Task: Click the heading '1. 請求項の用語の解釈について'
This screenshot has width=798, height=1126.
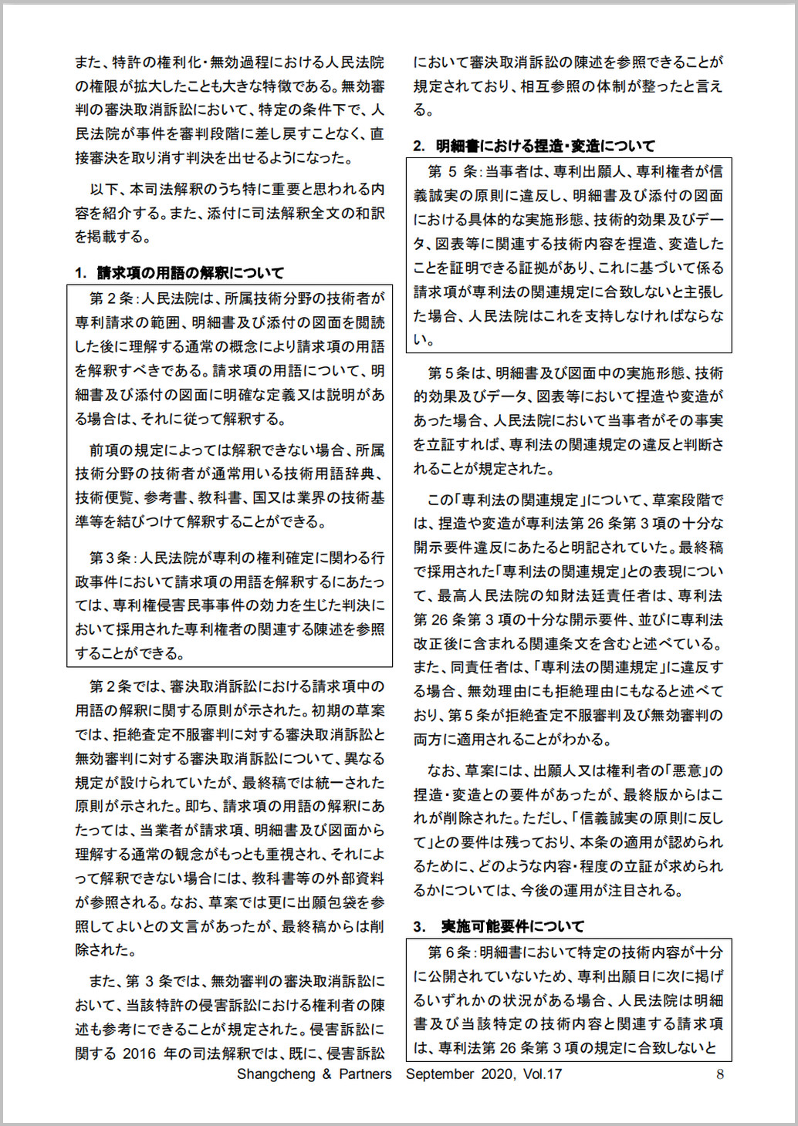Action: [179, 272]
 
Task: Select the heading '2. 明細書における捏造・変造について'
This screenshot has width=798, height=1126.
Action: [533, 145]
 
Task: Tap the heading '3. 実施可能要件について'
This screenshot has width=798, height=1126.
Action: [499, 925]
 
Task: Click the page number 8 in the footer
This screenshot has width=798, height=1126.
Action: [720, 1074]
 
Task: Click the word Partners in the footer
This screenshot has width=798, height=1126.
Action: [365, 1074]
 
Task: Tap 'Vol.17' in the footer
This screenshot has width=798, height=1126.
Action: [542, 1074]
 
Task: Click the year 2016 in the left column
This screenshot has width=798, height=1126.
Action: [139, 1053]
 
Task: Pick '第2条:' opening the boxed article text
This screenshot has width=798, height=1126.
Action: [112, 298]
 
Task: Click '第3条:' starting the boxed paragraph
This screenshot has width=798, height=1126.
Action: [112, 558]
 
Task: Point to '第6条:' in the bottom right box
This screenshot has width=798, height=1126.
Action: [453, 952]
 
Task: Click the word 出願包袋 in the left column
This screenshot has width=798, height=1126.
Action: [330, 902]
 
